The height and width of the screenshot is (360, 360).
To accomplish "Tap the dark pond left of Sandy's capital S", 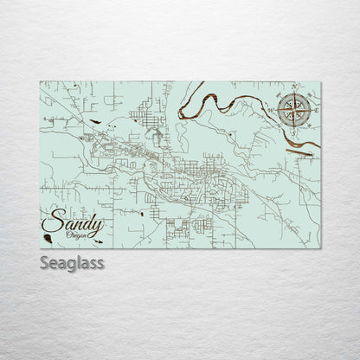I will [44, 229].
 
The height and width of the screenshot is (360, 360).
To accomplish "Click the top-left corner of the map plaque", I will [40, 81].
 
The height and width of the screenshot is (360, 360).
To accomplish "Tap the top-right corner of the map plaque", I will [321, 81].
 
